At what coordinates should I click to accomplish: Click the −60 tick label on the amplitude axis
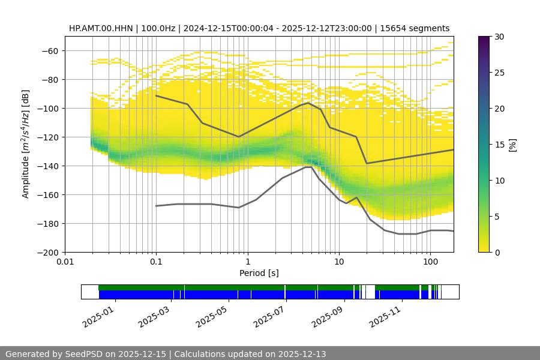[49, 51]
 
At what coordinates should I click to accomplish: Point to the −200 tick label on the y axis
[47, 253]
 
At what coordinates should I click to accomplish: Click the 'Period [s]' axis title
[259, 273]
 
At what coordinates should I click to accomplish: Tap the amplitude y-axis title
[25, 144]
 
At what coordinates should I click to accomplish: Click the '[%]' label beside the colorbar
[512, 145]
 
